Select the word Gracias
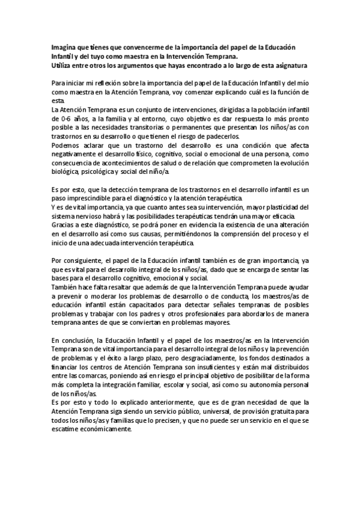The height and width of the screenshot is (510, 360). point(63,226)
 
